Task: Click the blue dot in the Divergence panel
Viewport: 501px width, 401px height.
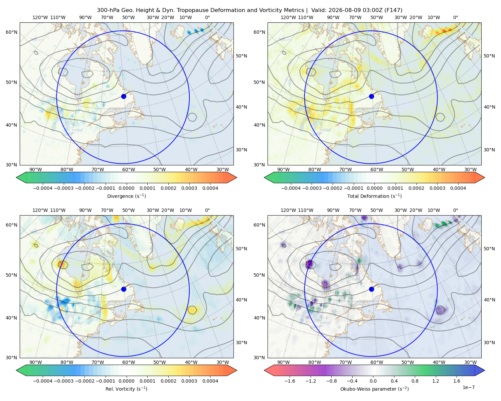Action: [x=124, y=96]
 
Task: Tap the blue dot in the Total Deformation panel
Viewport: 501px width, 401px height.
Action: [x=371, y=96]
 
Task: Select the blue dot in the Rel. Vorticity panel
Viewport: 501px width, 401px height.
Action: [x=124, y=289]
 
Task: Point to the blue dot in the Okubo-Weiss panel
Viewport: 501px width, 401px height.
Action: [x=371, y=289]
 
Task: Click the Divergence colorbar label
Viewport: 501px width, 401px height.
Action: [x=126, y=196]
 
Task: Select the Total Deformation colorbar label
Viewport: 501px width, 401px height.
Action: [x=374, y=196]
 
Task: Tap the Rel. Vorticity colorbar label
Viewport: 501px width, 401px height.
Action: [x=126, y=389]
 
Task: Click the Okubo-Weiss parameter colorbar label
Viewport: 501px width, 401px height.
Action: [x=374, y=389]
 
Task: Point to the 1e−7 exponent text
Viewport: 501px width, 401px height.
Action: [x=468, y=388]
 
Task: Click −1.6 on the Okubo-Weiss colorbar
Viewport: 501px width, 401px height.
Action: [x=290, y=381]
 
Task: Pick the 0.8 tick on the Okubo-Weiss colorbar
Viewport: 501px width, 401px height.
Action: [x=415, y=381]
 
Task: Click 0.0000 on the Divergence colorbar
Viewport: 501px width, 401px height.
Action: [x=126, y=188]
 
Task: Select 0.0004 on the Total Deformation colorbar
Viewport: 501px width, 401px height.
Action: [x=458, y=188]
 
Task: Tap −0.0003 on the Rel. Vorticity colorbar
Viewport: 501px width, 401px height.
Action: [x=63, y=381]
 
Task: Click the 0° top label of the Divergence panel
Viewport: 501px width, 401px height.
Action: [x=207, y=17]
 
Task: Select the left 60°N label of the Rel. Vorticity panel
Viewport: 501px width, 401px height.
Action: [x=11, y=225]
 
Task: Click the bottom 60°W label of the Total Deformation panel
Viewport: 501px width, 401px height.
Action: [x=377, y=169]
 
